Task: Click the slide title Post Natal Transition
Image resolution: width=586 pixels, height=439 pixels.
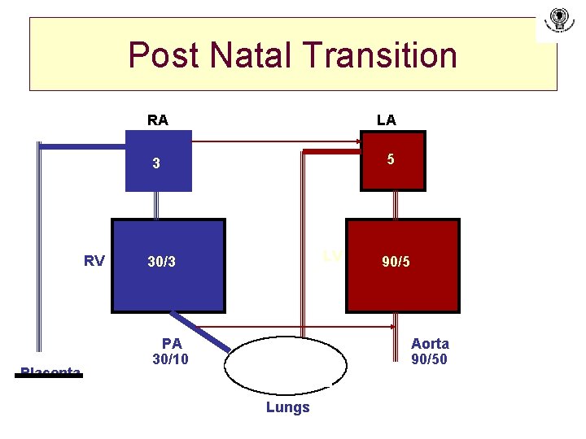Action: point(293,55)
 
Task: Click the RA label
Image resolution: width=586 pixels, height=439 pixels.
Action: point(158,120)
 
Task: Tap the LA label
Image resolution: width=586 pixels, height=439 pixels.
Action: point(387,120)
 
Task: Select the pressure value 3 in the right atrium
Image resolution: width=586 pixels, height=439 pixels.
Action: point(157,163)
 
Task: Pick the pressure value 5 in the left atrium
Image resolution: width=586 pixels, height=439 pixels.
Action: point(391,159)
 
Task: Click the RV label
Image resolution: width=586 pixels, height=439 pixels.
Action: point(94,261)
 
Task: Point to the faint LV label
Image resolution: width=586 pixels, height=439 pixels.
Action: point(331,256)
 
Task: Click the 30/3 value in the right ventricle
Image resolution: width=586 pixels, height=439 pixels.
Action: point(161,262)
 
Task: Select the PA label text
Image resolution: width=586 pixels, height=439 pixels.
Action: point(172,343)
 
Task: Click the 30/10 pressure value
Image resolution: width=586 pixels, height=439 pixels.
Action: point(170,359)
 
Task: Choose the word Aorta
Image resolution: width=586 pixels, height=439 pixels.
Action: point(430,343)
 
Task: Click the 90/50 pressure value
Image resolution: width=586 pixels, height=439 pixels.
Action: point(429,359)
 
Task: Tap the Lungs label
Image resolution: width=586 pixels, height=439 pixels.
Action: point(287,407)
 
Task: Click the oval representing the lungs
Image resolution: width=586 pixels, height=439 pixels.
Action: point(286,366)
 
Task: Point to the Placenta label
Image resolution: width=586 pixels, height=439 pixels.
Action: point(50,372)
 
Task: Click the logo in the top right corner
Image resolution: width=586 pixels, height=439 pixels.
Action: point(558,19)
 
